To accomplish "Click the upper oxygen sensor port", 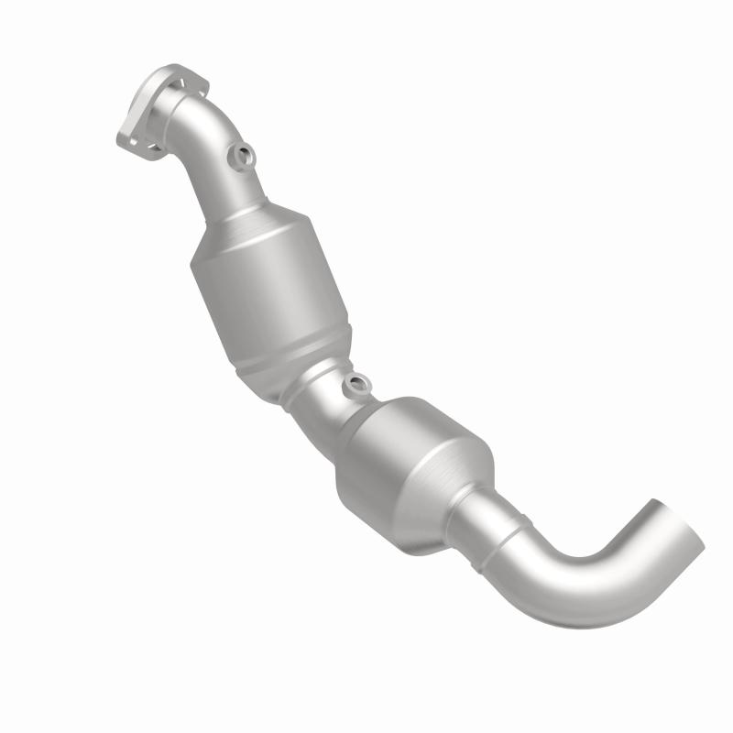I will (x=245, y=158).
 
